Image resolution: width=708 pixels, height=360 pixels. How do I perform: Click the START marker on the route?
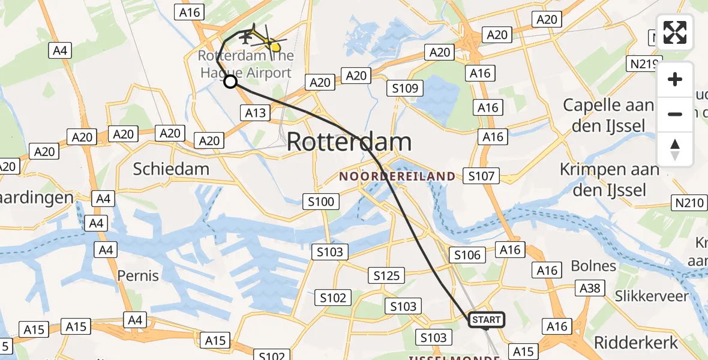(x=486, y=320)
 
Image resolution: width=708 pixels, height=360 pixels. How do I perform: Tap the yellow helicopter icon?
(x=267, y=41)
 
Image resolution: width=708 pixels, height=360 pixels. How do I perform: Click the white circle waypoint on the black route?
(x=230, y=82)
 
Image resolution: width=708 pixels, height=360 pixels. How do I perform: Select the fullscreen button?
(x=675, y=32)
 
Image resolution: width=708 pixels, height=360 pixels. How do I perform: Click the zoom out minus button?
(x=675, y=114)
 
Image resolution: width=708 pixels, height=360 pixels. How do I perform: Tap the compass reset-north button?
(x=675, y=149)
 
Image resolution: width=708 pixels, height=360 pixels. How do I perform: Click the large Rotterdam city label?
(x=349, y=142)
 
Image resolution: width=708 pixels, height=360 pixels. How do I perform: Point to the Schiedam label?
(x=171, y=169)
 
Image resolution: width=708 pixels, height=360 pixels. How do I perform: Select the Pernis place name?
(x=139, y=276)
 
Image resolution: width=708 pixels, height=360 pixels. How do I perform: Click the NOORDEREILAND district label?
(x=397, y=176)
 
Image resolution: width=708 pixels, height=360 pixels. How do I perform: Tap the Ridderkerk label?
(x=635, y=343)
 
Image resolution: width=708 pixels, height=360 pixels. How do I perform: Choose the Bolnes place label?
(x=593, y=266)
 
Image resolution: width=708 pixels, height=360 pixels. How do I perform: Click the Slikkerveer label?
(x=652, y=296)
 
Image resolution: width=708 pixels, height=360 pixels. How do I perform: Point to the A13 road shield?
(x=256, y=112)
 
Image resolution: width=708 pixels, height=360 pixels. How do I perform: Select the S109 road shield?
(x=405, y=89)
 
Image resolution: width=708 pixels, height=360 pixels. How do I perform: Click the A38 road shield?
(x=589, y=288)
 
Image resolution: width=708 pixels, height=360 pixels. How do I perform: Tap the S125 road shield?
(x=386, y=275)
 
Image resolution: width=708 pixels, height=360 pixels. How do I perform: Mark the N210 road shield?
(x=689, y=203)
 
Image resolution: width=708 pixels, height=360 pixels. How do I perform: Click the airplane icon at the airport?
(x=245, y=37)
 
